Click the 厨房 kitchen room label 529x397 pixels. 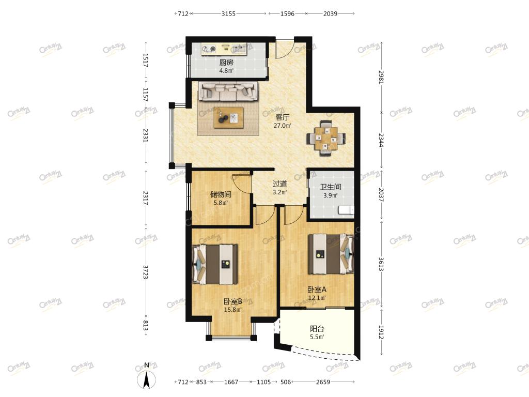226,63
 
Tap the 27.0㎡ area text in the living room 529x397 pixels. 283,126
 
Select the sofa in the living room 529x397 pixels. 228,91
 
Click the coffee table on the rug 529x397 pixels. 228,117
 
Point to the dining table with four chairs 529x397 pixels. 326,139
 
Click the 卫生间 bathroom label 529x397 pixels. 331,187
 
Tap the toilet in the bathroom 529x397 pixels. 346,210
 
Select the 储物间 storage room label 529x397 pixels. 221,194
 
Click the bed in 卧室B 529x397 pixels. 215,264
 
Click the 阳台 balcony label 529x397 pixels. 317,328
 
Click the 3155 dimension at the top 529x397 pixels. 228,14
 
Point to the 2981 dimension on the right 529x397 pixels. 381,78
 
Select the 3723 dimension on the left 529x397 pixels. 145,272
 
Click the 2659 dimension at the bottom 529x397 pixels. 323,382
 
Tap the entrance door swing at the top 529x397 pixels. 284,49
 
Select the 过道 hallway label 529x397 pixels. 280,184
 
